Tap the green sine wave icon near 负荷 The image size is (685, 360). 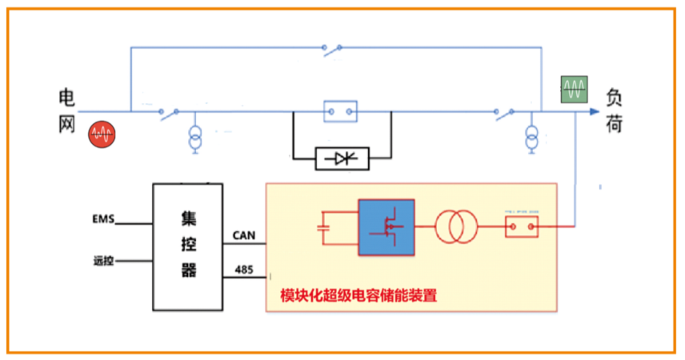[574, 88]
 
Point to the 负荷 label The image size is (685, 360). [614, 111]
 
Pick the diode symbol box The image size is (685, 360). [342, 158]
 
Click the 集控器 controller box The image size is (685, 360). [189, 246]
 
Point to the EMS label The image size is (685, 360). [105, 218]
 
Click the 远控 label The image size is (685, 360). [104, 261]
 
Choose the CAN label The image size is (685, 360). [243, 235]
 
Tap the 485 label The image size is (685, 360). [244, 270]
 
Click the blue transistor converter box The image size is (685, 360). [386, 227]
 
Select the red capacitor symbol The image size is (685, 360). [323, 227]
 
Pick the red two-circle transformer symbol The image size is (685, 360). [456, 227]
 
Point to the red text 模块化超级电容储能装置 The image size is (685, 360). [358, 295]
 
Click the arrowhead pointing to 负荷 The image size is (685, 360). [592, 112]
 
